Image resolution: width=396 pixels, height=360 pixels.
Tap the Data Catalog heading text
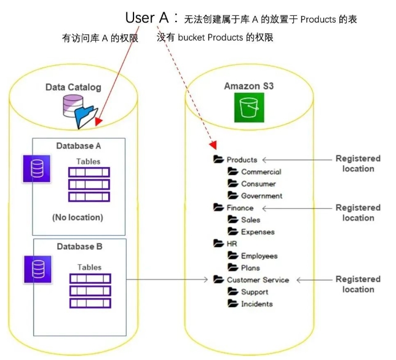73,87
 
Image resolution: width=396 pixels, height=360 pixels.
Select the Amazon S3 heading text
248,86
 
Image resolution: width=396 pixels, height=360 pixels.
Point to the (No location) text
77,217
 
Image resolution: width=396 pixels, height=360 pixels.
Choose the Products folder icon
218,160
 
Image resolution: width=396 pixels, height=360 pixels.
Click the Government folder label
261,196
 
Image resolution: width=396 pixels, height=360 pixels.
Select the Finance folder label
240,208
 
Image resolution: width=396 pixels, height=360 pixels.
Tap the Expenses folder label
258,232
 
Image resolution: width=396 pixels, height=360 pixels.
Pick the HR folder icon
218,244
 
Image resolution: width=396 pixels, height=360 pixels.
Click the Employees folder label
259,256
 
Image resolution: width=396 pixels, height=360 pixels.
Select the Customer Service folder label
258,280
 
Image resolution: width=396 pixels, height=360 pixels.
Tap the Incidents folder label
257,303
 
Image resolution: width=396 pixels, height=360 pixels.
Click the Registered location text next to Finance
358,213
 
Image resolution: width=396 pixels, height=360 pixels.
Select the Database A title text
79,146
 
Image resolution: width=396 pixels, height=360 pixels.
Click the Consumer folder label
258,184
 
